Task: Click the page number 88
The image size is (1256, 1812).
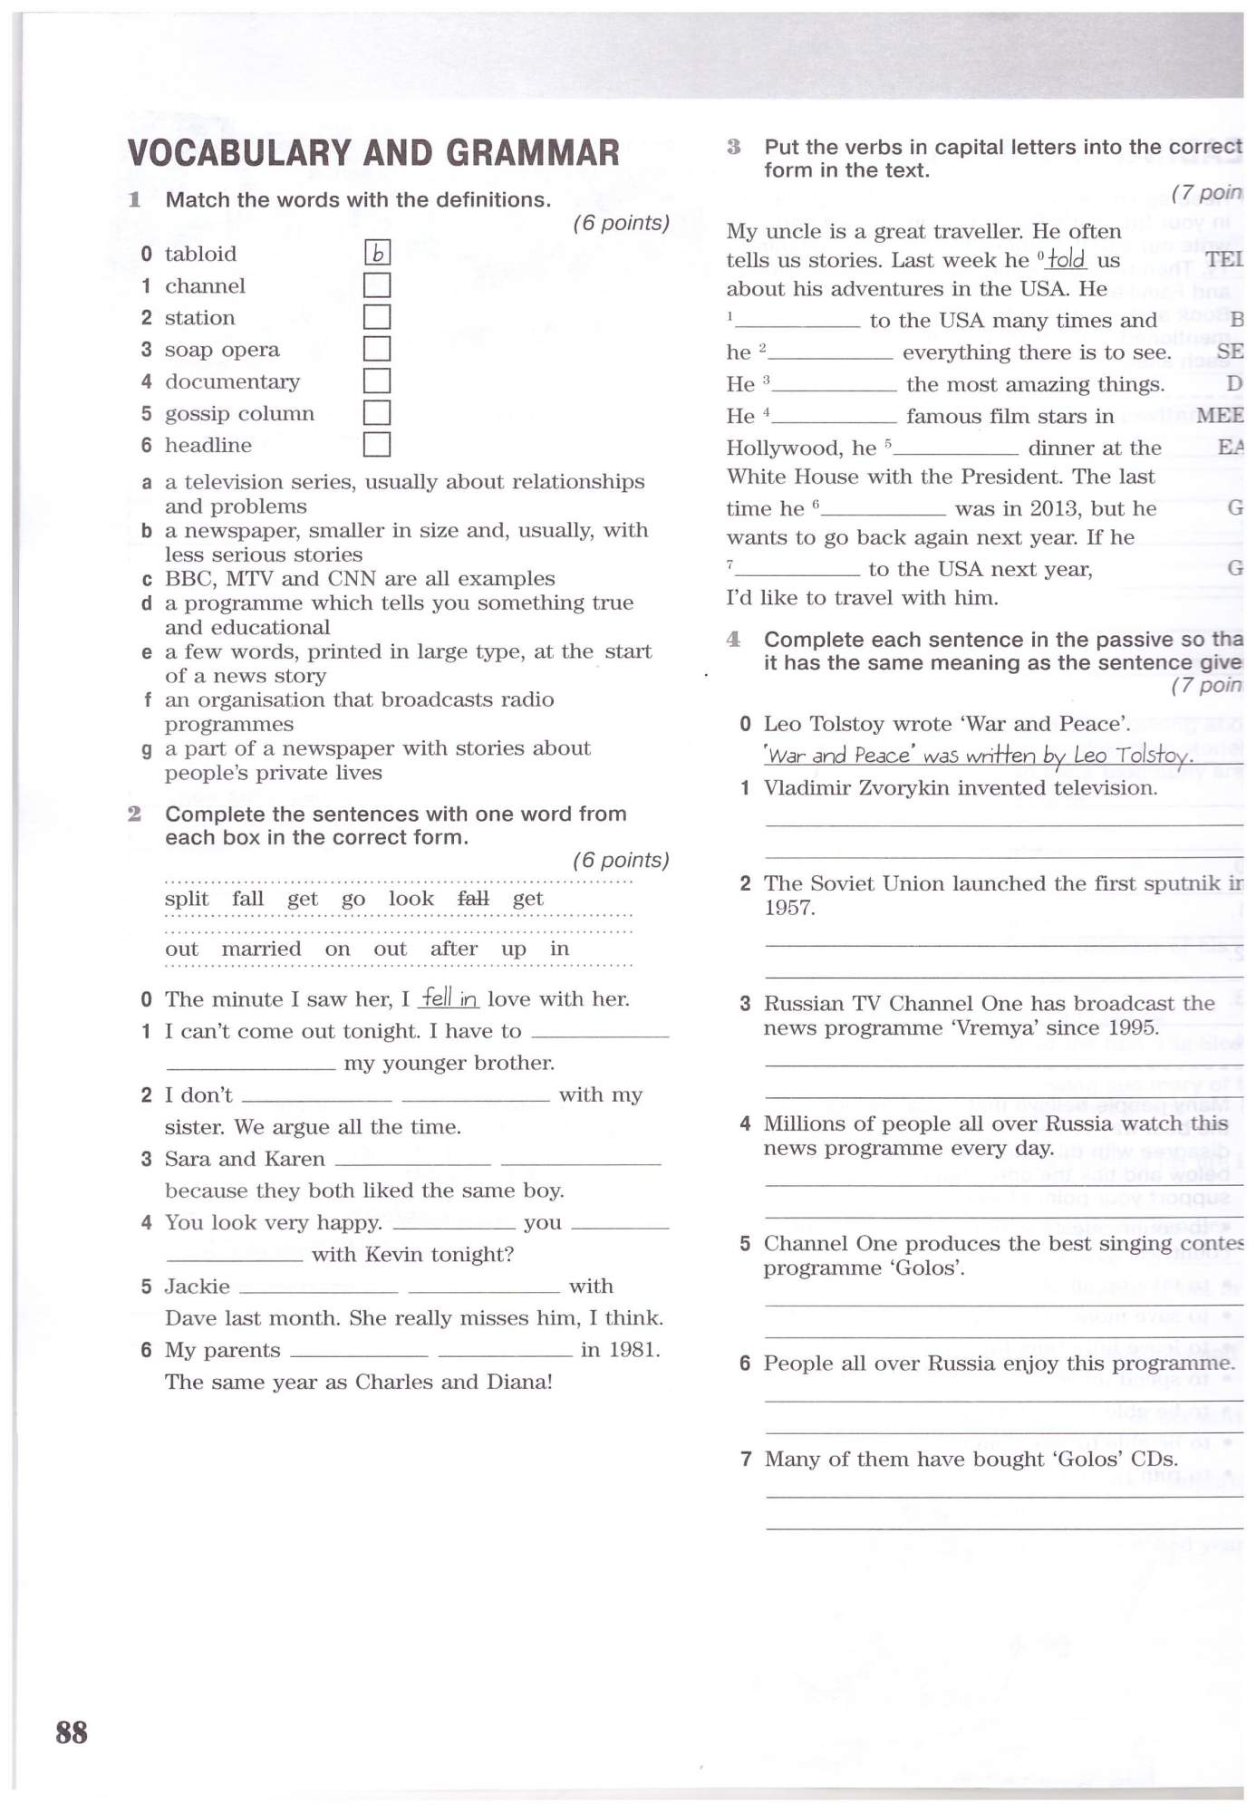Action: (72, 1731)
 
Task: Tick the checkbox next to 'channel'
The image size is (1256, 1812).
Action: (377, 285)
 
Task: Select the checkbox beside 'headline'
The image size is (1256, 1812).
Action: (377, 444)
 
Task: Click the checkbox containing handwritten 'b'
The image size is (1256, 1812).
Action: (377, 254)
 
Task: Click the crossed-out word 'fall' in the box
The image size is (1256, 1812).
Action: (473, 899)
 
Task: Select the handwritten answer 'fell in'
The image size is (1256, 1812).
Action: (449, 998)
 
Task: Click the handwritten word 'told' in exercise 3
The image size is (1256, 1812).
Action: (1067, 260)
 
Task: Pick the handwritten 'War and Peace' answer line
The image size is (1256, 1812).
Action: (977, 756)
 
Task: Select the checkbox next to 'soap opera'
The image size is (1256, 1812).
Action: (377, 349)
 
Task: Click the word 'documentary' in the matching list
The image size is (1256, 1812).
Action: (232, 381)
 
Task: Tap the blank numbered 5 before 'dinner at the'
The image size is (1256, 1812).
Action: (957, 449)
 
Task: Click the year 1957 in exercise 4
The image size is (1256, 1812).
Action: (788, 908)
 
